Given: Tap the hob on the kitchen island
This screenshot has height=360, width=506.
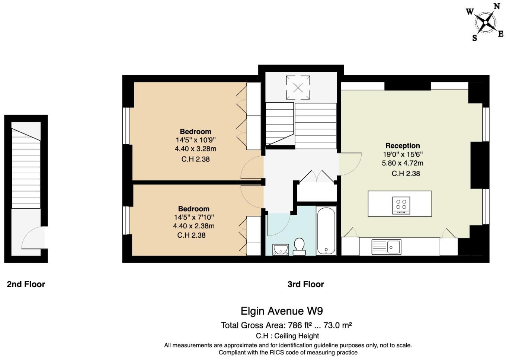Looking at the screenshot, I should [x=401, y=205].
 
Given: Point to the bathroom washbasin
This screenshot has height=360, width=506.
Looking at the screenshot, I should [x=280, y=249].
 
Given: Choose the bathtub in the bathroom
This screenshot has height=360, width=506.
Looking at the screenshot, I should [x=326, y=231].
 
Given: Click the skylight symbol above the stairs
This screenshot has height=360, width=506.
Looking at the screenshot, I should [x=298, y=87].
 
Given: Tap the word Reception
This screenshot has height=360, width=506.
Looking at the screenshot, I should [x=403, y=146].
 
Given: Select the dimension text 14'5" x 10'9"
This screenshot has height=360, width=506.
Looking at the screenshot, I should [x=196, y=140].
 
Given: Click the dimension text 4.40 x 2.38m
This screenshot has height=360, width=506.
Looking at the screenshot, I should [x=193, y=226].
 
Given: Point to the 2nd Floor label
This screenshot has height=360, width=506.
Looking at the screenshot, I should [x=26, y=285].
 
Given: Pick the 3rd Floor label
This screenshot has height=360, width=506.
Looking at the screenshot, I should [x=305, y=285].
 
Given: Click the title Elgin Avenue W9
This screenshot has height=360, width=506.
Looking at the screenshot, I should [x=282, y=311].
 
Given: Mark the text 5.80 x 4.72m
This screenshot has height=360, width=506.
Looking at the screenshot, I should [x=403, y=163].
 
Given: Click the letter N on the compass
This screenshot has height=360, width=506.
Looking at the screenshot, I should [x=496, y=6].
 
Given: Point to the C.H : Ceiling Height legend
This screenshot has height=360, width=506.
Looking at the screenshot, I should [x=287, y=336].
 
